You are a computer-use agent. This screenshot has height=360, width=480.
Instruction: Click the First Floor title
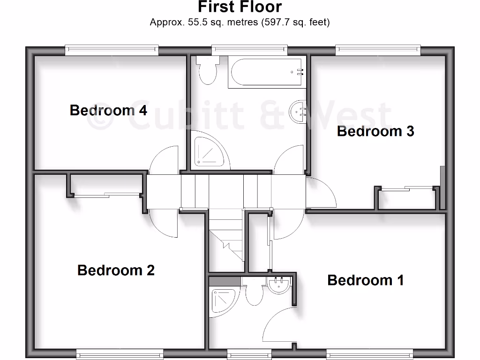(240, 7)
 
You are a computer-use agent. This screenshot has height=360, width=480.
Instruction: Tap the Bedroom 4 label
(108, 110)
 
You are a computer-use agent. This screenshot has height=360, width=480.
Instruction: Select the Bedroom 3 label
(375, 131)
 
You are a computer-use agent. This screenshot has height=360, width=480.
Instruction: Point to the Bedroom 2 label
(116, 270)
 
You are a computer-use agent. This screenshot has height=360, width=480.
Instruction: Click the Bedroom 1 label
(366, 280)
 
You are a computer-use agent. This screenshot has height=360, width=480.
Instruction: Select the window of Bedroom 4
(112, 49)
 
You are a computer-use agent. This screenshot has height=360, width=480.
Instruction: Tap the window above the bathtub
(249, 49)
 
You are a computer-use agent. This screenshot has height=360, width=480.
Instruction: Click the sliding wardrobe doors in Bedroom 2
(107, 195)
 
